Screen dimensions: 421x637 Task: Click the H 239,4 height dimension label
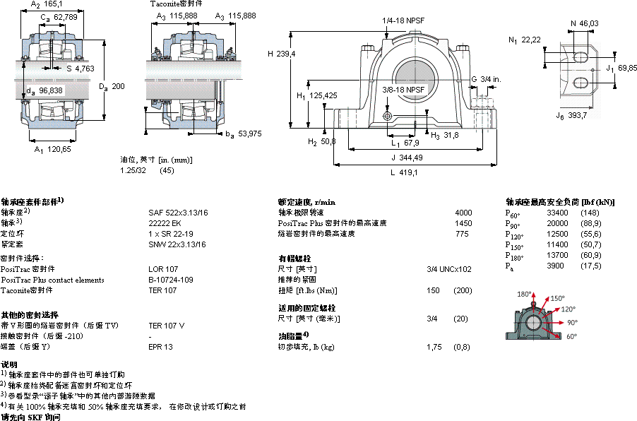pos(281,54)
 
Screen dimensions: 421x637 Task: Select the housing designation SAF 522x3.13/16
pos(177,212)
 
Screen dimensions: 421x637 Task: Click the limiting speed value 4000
pos(463,212)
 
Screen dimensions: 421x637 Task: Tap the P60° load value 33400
pos(557,213)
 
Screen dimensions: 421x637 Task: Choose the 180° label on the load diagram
pos(543,294)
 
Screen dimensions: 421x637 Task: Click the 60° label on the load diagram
pos(570,336)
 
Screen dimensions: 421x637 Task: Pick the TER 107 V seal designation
pos(167,326)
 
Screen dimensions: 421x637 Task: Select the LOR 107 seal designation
pos(162,269)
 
